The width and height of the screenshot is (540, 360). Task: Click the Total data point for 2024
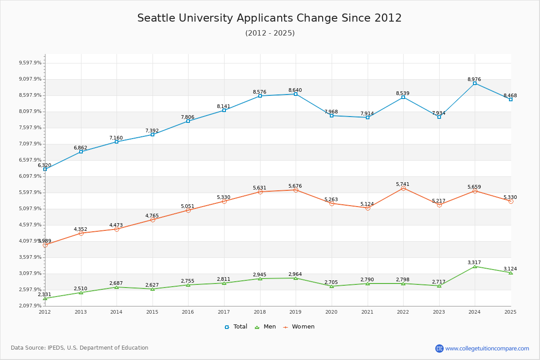click(475, 83)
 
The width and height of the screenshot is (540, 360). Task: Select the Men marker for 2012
click(45, 298)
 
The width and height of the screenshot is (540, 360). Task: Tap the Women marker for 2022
click(403, 188)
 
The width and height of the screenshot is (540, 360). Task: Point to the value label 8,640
click(295, 90)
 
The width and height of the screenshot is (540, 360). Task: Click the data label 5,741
click(403, 184)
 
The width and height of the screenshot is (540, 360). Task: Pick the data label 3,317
click(474, 263)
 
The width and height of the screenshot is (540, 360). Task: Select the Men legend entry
click(266, 327)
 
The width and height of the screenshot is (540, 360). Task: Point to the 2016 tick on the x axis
click(188, 311)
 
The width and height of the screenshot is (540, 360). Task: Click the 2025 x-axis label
click(510, 311)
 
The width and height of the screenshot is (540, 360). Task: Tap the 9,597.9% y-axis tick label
click(30, 63)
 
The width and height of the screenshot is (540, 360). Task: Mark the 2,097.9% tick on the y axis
click(30, 306)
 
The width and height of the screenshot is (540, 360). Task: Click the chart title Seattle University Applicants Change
click(269, 18)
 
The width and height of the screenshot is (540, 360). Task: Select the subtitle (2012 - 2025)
click(270, 33)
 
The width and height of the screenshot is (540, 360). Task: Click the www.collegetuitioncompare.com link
click(487, 348)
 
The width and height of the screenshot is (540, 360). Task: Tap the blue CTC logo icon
click(439, 348)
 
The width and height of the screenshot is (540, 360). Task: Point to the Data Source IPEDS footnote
click(80, 348)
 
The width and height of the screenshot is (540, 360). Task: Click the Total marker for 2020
click(332, 116)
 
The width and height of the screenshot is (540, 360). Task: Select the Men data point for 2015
click(153, 289)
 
